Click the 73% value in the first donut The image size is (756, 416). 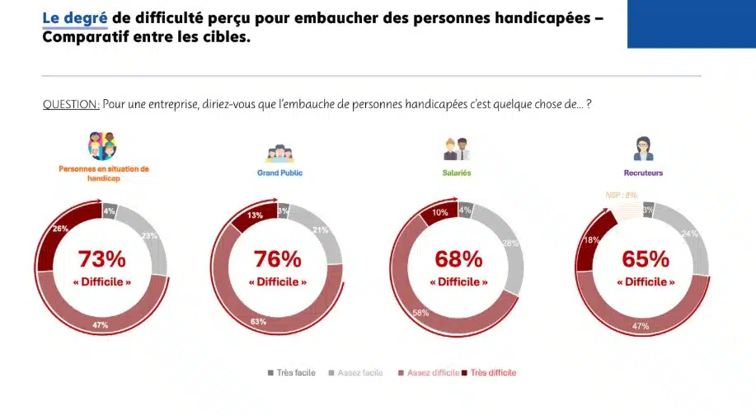(102, 259)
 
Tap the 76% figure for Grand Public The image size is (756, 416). (278, 259)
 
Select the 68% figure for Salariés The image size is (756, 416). (458, 259)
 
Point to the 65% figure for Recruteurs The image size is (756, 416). (646, 259)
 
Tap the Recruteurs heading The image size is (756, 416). (643, 173)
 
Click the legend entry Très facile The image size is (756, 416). (292, 373)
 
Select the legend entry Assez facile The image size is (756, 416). (358, 373)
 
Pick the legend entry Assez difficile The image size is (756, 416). (429, 373)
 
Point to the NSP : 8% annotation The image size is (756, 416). (620, 196)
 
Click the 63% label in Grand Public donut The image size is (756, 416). (258, 321)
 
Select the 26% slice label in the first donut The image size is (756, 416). (60, 229)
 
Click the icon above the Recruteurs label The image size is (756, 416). (643, 149)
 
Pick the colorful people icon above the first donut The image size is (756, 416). (102, 146)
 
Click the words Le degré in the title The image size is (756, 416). (75, 17)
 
